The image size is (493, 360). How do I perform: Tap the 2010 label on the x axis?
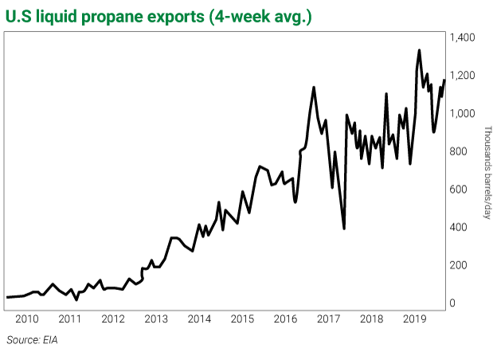27,319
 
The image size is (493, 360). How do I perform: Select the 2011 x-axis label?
70,319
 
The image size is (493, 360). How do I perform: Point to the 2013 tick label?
156,319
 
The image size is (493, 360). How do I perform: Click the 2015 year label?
242,319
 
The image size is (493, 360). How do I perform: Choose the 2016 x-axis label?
285,319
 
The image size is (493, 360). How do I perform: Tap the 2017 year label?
328,319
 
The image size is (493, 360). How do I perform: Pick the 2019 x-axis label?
414,319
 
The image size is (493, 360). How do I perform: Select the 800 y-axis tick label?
457,151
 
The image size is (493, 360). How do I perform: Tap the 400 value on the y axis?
457,227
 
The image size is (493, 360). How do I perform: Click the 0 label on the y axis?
452,303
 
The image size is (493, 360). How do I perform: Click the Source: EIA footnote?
33,340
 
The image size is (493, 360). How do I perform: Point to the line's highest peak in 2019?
419,50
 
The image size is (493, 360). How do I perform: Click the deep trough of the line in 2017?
343,229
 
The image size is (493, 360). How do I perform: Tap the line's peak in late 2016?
314,87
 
